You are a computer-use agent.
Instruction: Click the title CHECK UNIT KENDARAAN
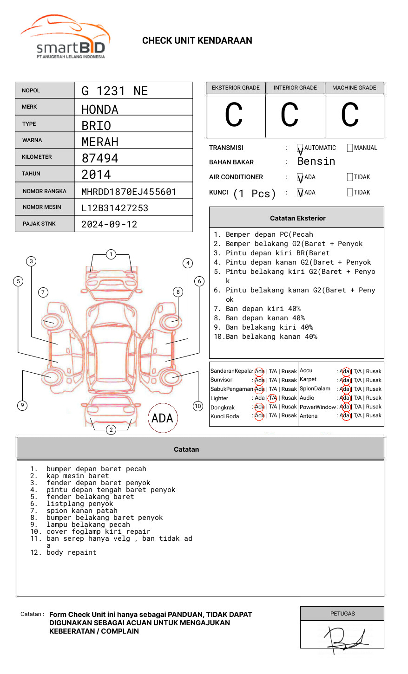coord(197,41)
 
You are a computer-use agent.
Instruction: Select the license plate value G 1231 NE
coord(114,91)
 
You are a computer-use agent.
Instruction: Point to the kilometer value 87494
coord(100,158)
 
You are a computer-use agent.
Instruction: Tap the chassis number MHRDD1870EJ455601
coord(129,192)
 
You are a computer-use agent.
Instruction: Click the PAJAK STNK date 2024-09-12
coord(109,224)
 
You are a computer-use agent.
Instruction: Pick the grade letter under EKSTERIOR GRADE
coord(234,115)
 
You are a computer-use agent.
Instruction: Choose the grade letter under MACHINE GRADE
coord(350,115)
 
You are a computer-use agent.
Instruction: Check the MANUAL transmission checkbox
coord(350,148)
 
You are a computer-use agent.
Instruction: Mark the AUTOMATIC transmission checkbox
coord(300,148)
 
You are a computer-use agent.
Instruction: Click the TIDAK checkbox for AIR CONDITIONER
coord(350,177)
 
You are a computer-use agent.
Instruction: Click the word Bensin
coord(316,162)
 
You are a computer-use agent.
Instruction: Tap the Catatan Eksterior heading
coord(297,218)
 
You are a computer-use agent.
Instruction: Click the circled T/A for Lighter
coord(272,398)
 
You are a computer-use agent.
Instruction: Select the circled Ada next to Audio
coord(345,398)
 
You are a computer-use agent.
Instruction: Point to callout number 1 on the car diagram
coord(111,254)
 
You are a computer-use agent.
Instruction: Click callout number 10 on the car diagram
coord(198,406)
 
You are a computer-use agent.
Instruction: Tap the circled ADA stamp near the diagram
coord(162,418)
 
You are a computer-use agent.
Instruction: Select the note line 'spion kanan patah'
coord(82,511)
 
